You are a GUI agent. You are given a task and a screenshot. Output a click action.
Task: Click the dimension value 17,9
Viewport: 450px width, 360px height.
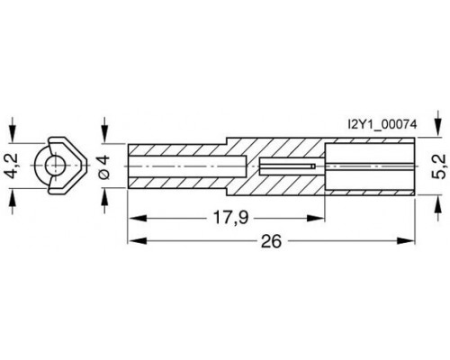point(230,218)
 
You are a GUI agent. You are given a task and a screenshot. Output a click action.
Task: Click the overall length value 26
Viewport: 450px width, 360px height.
point(272,241)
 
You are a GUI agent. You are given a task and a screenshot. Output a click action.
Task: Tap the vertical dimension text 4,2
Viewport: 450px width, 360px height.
point(13,166)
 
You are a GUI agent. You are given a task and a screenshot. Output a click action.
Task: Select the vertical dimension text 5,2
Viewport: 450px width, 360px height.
point(439,166)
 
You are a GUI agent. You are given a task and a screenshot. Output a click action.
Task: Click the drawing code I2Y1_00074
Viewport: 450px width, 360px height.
point(382,124)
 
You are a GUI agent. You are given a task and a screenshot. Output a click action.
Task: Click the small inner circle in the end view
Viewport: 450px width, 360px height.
point(54,166)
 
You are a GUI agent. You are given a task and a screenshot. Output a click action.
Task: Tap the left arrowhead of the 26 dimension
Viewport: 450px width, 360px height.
point(138,241)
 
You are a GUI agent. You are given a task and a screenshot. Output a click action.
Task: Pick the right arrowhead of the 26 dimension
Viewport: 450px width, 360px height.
point(406,241)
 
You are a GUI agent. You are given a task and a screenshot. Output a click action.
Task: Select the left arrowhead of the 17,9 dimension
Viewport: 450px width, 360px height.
point(138,218)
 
